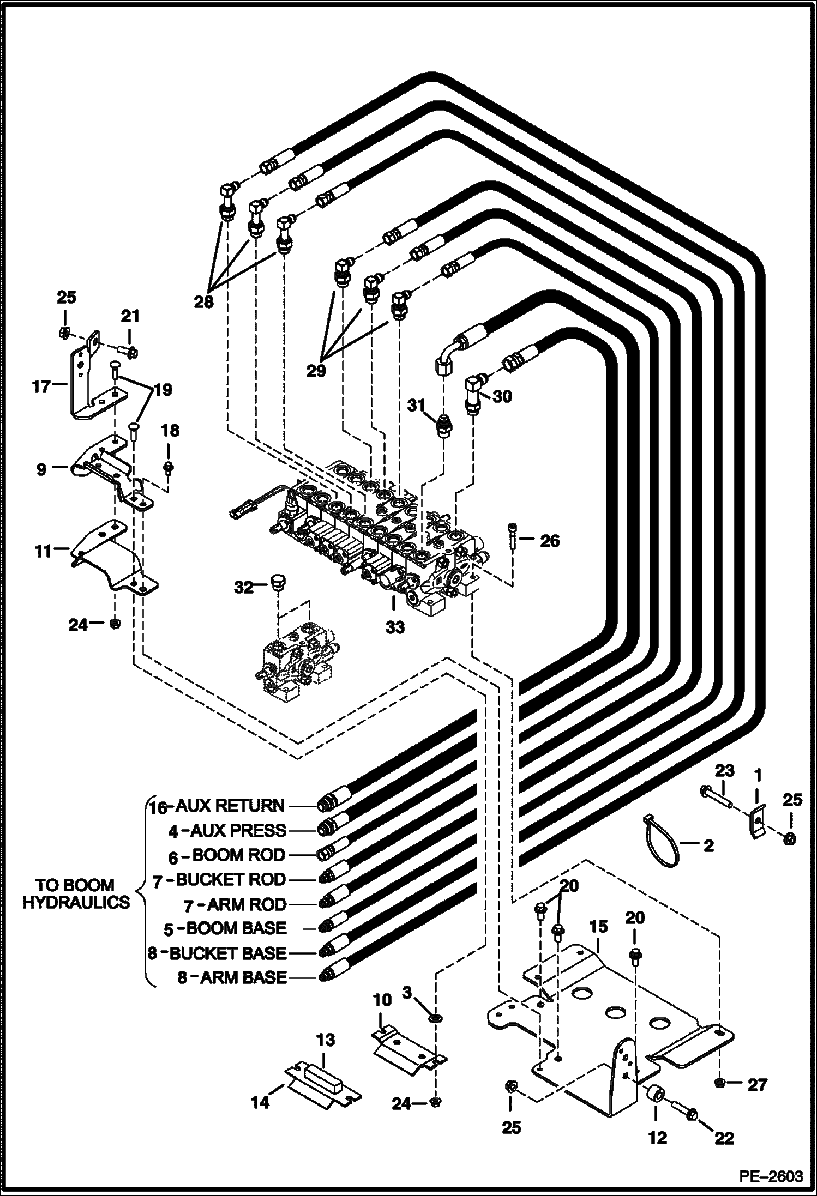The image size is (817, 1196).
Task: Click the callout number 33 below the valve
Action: (x=395, y=627)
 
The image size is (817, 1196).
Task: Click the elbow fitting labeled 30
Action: (x=473, y=394)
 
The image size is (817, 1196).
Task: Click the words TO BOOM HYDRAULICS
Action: (x=76, y=893)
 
